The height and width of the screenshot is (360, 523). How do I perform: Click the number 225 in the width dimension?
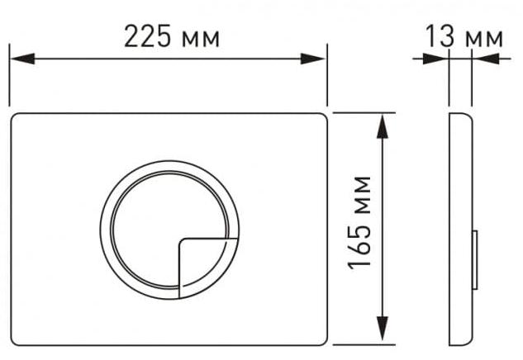click(x=147, y=36)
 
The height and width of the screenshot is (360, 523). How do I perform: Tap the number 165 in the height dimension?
click(x=359, y=246)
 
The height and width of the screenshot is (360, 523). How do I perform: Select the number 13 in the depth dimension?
click(x=440, y=36)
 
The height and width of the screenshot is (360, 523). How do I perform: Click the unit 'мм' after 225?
click(x=201, y=40)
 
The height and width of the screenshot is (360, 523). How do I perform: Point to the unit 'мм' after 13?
click(x=484, y=39)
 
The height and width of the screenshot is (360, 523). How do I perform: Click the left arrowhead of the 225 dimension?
click(x=22, y=59)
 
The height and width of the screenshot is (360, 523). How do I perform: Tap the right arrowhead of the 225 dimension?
click(x=312, y=59)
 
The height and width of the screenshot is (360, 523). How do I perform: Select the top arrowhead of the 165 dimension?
click(x=383, y=126)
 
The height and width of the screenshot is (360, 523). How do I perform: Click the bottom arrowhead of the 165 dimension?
click(x=383, y=329)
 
